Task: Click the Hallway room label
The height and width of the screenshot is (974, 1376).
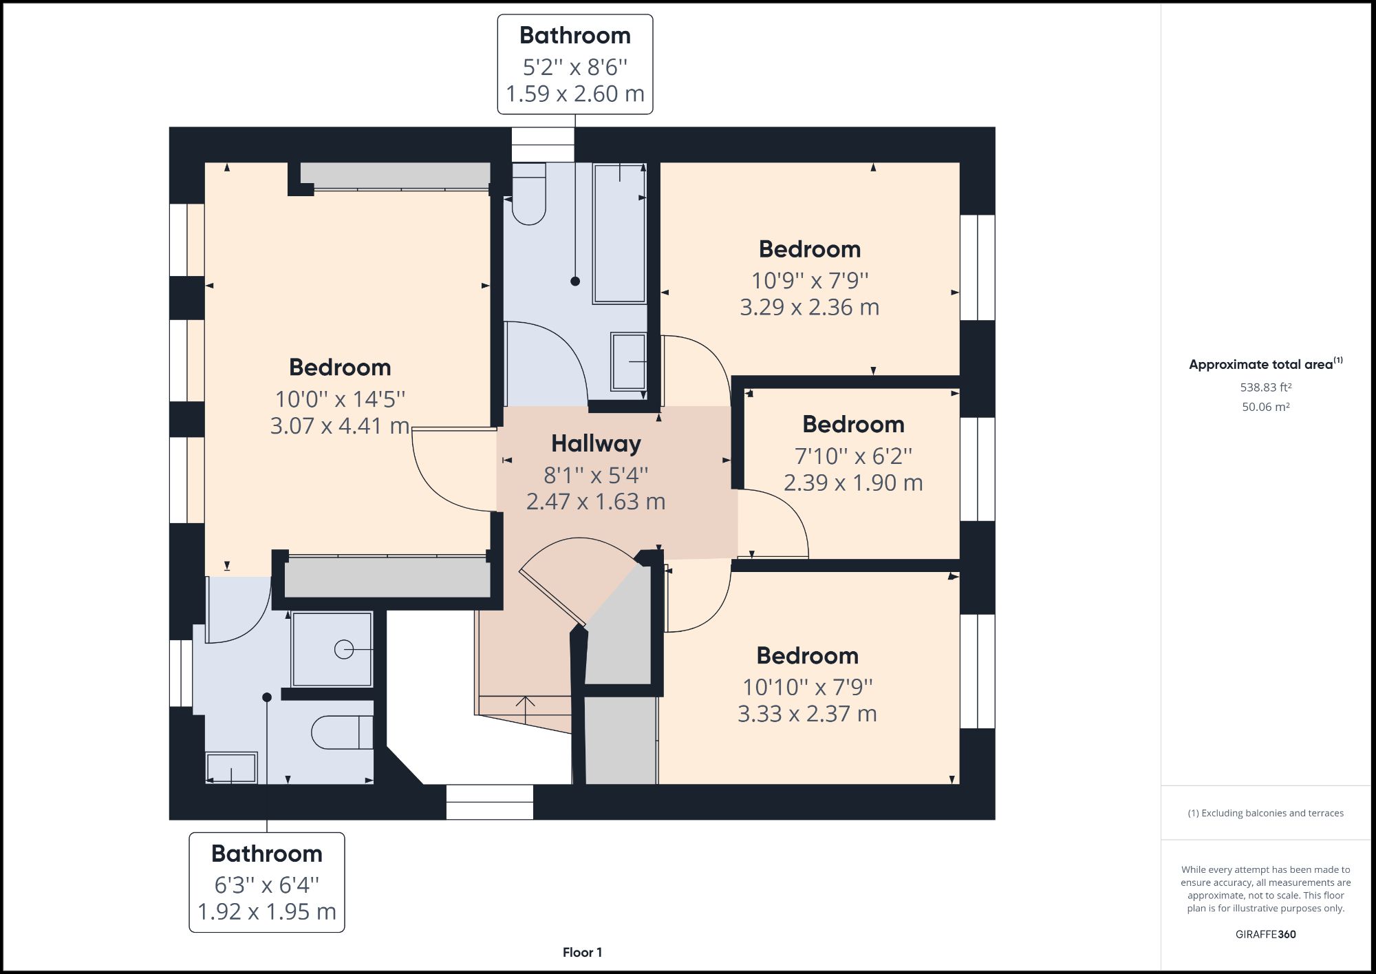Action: click(596, 444)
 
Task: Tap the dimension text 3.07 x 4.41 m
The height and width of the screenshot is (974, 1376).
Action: click(340, 426)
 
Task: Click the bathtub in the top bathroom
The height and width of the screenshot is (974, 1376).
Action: click(619, 234)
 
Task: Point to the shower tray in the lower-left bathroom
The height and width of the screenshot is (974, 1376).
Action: click(332, 649)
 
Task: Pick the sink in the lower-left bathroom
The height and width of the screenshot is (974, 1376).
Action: click(231, 768)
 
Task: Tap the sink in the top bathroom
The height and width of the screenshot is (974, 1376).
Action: click(628, 361)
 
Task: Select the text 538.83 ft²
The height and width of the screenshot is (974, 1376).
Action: click(1265, 388)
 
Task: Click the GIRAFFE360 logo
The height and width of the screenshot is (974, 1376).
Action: click(1265, 934)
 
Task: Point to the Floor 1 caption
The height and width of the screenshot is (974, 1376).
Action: click(582, 953)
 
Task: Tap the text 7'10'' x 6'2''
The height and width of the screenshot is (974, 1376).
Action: click(853, 456)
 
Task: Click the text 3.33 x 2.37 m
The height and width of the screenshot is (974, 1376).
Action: click(807, 714)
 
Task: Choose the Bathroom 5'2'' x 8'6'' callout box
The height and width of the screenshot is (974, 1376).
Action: click(575, 64)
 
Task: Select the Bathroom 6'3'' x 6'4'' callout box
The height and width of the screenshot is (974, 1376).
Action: click(267, 882)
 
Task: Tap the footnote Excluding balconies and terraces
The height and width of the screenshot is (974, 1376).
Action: click(1265, 813)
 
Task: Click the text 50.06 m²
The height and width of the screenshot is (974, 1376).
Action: click(1265, 407)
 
